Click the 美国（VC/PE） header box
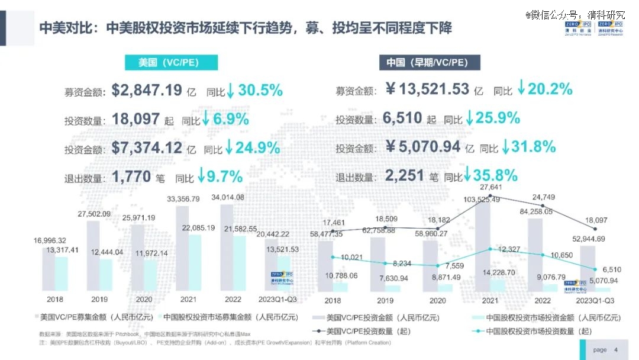(x=171, y=63)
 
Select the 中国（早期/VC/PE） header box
(x=430, y=63)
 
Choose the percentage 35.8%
(x=495, y=175)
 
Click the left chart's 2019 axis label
(x=99, y=299)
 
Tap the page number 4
(x=617, y=350)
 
